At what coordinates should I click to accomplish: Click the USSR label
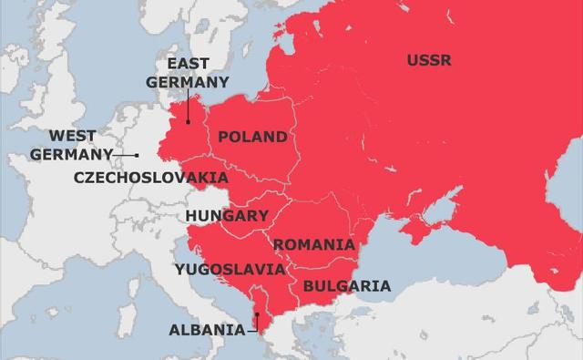pos(429,61)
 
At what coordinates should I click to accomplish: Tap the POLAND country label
pos(251,137)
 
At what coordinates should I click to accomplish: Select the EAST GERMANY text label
pos(188,73)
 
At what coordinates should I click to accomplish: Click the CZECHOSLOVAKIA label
pos(151,176)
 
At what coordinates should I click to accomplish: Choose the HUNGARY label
pos(227,216)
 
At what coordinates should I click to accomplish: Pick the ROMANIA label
pos(313,244)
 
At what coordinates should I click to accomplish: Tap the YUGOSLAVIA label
pos(230,269)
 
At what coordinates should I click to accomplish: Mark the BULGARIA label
pos(346,286)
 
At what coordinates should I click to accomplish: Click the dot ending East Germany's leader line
pos(188,121)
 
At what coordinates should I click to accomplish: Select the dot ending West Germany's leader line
pos(137,155)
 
